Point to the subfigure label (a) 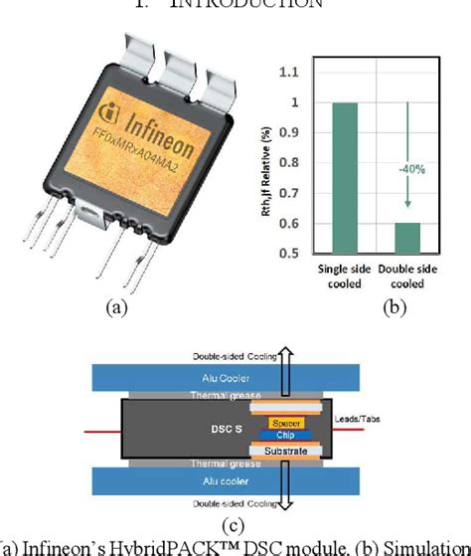click(x=116, y=308)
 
